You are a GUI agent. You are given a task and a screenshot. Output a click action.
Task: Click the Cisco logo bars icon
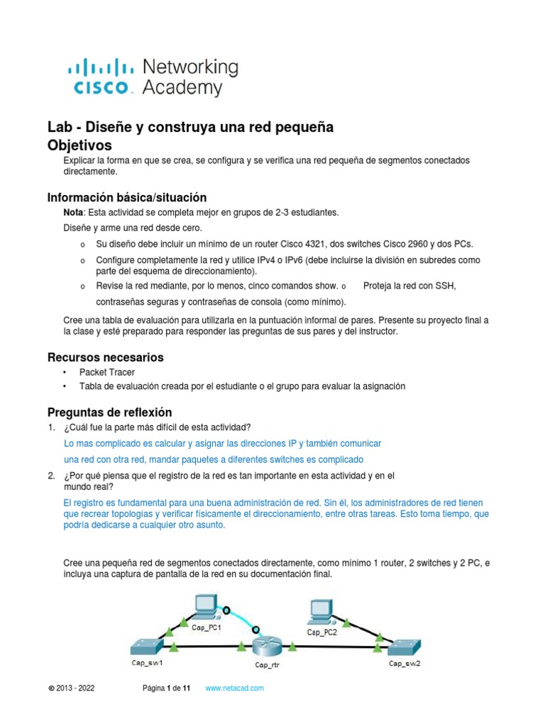100,68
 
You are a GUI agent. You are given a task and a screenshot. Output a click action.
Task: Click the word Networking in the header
190,67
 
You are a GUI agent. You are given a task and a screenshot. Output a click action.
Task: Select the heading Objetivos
79,145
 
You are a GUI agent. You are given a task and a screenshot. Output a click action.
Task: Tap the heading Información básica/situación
126,197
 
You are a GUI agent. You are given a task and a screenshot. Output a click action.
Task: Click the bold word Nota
74,212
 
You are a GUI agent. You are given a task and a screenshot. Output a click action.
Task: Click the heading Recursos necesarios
105,357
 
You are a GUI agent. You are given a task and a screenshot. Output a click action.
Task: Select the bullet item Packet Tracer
106,372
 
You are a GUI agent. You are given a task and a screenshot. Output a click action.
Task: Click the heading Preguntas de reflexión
109,412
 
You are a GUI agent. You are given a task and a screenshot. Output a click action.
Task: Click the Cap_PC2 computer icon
321,610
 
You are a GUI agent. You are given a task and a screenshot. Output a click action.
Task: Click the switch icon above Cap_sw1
146,646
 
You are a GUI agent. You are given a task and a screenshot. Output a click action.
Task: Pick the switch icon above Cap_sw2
404,646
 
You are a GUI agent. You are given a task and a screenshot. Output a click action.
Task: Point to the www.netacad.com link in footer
234,688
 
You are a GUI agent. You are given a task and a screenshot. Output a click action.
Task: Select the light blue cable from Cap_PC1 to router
241,618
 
